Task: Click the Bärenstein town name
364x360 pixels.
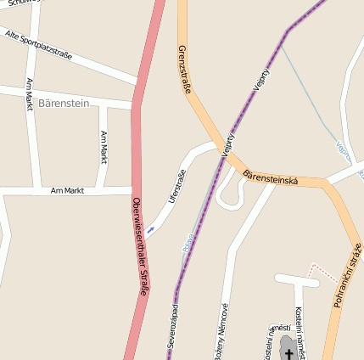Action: click(64, 103)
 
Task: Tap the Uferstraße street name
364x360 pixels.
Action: click(177, 186)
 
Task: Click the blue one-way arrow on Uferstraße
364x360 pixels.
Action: click(150, 229)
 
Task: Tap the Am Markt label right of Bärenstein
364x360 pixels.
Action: click(104, 147)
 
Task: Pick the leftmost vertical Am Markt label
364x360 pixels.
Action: click(30, 95)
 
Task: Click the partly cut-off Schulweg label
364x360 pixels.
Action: click(21, 3)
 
